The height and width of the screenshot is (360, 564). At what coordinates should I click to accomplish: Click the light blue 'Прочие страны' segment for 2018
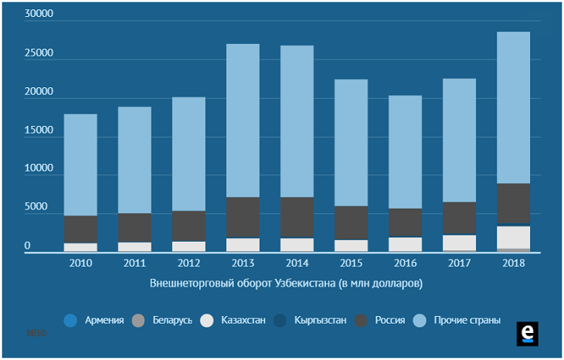click(x=513, y=107)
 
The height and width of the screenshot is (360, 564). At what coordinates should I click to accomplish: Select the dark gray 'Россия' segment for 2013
click(x=243, y=217)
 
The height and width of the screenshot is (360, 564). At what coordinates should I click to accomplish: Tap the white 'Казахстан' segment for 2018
click(x=513, y=236)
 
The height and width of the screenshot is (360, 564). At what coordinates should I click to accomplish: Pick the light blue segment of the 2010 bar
click(x=80, y=165)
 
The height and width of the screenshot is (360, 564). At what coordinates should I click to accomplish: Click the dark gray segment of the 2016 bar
click(x=405, y=222)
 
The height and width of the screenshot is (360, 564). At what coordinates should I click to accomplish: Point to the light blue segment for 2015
click(x=351, y=143)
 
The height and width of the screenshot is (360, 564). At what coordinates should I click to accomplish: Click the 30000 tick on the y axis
click(x=38, y=15)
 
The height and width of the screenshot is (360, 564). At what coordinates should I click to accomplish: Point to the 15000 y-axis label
click(x=38, y=131)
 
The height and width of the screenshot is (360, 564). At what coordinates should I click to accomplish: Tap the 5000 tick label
click(x=41, y=208)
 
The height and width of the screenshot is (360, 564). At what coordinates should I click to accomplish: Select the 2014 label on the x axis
click(x=297, y=263)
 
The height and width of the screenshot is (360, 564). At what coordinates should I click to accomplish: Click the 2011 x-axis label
click(x=134, y=263)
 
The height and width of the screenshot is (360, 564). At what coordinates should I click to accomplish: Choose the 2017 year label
click(x=459, y=263)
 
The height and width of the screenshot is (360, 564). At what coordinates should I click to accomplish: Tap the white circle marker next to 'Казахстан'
click(x=206, y=320)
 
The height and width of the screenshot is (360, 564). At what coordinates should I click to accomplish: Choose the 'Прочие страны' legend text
click(x=467, y=320)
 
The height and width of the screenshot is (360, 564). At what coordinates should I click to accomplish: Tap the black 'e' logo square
click(x=527, y=333)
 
